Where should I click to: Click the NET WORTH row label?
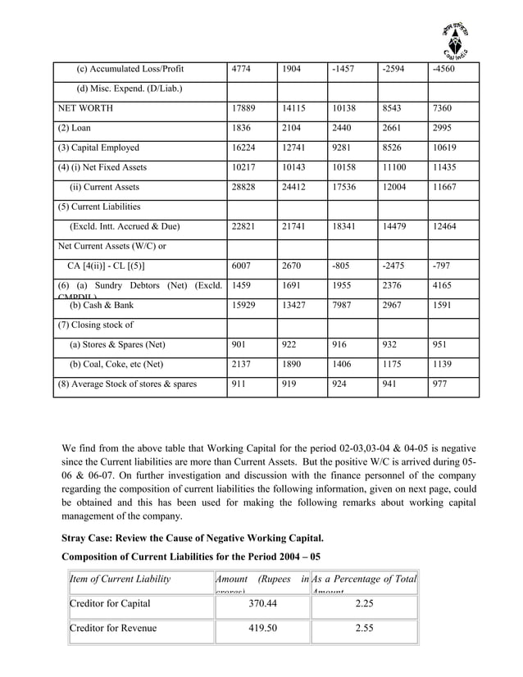point(85,108)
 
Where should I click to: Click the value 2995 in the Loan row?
point(443,128)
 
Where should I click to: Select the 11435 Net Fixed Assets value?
point(443,167)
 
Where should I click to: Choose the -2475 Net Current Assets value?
point(394,266)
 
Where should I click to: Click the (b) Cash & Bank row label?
point(101,305)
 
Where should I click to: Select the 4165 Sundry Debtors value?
point(443,287)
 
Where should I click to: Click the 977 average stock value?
point(440,384)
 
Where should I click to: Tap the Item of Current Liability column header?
point(121,579)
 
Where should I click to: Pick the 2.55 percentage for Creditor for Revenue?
point(365,629)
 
